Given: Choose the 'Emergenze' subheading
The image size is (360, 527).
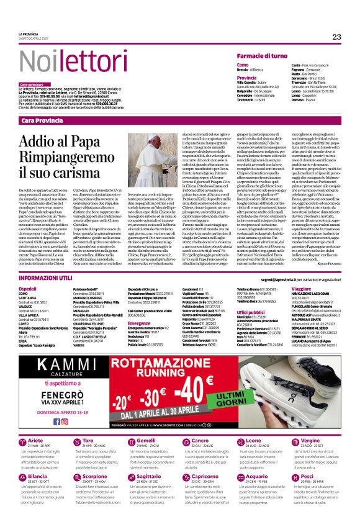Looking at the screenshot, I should (x=140, y=323).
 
